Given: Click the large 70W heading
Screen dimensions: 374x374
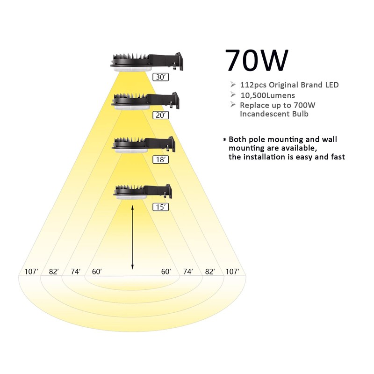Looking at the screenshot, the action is coord(257,60).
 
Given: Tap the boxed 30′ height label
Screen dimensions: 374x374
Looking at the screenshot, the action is coord(160,77).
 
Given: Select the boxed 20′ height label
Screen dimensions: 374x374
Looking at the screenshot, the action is coord(160,115).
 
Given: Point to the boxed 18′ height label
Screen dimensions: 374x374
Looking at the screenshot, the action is coord(160,159).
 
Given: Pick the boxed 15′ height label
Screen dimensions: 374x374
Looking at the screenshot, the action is coord(160,207).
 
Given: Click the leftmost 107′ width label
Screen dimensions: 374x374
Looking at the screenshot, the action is coord(31,272).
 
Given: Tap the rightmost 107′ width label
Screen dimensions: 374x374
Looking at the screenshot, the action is coord(232,272).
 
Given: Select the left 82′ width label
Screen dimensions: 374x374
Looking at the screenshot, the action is coord(54,272).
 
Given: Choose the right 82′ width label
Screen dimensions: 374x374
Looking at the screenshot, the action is coord(210,272).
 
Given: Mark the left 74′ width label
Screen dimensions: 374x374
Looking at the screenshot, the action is coord(76,272).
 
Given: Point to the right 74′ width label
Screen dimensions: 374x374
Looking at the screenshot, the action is coord(188,272).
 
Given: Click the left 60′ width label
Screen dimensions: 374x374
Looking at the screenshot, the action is coord(97,272).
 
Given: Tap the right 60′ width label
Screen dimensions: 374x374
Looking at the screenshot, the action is coord(166,272).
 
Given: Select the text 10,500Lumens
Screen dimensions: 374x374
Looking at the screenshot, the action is coord(267,95).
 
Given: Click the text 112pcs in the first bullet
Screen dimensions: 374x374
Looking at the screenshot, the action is coord(253,85).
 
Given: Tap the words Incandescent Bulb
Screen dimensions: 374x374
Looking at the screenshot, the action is coord(274,114).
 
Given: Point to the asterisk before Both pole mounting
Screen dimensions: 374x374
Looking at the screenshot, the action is coord(224,139).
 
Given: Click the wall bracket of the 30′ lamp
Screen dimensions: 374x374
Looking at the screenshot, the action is coord(179,61).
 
